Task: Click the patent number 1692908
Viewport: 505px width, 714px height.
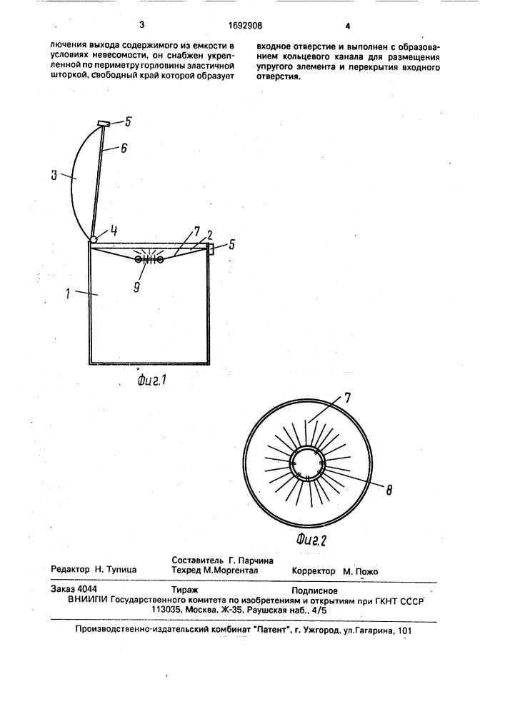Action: coord(244,26)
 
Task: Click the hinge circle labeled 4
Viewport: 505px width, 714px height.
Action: coord(93,239)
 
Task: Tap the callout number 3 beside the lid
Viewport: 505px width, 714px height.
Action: coord(54,176)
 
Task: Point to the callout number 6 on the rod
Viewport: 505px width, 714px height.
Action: coord(124,148)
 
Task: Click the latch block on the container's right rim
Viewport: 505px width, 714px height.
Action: coord(211,248)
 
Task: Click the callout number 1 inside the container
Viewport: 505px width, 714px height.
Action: coord(67,293)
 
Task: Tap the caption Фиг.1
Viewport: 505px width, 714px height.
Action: coord(152,378)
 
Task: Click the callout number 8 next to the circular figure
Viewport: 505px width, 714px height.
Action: coord(389,491)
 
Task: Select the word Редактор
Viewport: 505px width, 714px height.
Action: coord(71,569)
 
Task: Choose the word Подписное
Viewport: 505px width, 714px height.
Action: coord(315,590)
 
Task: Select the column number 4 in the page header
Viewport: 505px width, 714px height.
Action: coord(348,26)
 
